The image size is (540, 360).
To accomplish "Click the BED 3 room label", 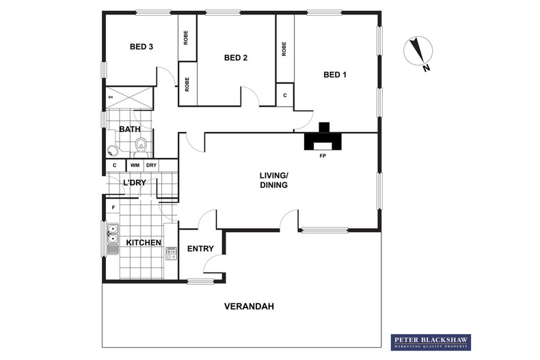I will [x=141, y=47].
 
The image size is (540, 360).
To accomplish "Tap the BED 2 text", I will [x=235, y=58].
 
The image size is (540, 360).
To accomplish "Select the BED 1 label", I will [x=335, y=74].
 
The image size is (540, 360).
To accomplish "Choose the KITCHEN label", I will [x=143, y=243].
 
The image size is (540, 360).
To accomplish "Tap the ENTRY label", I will [x=200, y=249].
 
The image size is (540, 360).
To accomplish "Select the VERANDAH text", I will [x=249, y=307].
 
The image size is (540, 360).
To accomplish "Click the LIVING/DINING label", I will [x=273, y=180].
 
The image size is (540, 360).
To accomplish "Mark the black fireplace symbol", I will [x=324, y=139].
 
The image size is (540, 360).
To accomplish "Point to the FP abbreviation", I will [x=322, y=156].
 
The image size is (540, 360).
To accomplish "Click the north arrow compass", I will [x=417, y=53].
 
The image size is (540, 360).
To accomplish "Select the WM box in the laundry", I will [x=135, y=165].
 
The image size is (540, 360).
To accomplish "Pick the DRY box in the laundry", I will [x=152, y=165].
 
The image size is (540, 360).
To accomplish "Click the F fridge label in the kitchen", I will [x=113, y=206].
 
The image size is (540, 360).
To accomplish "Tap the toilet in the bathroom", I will [x=141, y=144].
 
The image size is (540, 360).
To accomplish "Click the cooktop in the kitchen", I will [x=170, y=253].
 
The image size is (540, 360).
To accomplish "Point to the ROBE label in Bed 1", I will [x=284, y=49].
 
